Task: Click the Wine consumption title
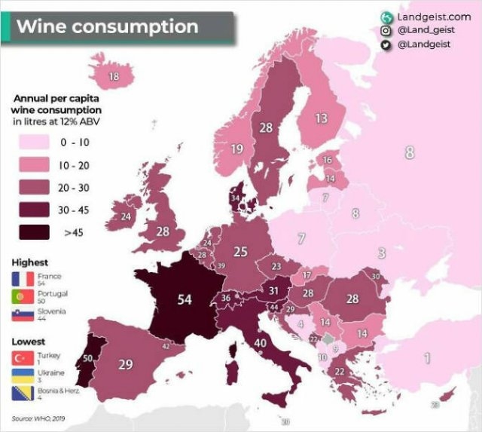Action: [107, 27]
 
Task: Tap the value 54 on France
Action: [185, 299]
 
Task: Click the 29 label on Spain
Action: [126, 365]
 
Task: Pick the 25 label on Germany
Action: [240, 252]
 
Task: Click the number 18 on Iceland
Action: [114, 76]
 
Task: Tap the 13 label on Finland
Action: [321, 118]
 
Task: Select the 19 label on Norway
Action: [236, 149]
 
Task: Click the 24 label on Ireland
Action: [126, 217]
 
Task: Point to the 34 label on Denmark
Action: [235, 198]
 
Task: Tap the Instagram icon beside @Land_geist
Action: [386, 31]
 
